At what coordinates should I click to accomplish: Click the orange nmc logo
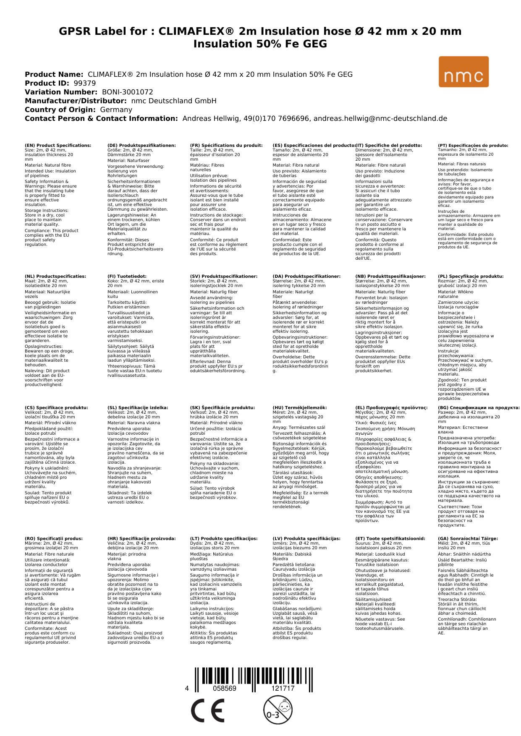tap(463, 72)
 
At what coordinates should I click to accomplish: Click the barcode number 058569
tap(225, 689)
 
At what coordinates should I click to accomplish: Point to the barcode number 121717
tap(283, 689)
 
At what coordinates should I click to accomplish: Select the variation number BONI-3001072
tap(128, 92)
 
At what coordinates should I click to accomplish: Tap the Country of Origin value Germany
tap(116, 110)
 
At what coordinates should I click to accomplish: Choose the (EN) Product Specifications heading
tap(58, 146)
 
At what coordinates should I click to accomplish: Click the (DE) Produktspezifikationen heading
tap(141, 146)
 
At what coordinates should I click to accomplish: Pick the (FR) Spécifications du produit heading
tap(226, 146)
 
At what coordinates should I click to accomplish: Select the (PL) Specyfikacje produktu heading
tap(471, 277)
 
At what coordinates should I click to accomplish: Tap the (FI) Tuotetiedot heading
tap(127, 277)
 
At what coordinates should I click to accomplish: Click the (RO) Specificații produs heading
tap(54, 539)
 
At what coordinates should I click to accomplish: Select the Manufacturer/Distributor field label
tap(76, 101)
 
